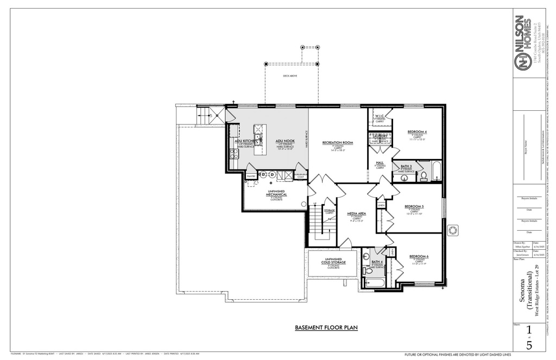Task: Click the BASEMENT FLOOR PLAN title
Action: click(326, 327)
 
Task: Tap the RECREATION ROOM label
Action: click(338, 143)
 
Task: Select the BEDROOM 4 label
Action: click(417, 132)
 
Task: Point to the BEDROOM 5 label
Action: click(414, 206)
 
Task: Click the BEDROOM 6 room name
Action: click(419, 256)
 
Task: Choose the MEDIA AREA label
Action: click(356, 214)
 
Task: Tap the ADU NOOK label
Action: click(285, 141)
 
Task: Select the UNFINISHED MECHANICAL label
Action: click(280, 193)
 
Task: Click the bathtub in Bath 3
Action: click(437, 172)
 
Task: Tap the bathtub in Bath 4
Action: click(374, 282)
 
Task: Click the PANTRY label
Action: click(251, 176)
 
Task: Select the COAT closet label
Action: click(300, 176)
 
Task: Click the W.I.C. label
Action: click(380, 116)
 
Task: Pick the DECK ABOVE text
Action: click(290, 76)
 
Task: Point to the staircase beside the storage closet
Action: click(317, 222)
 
